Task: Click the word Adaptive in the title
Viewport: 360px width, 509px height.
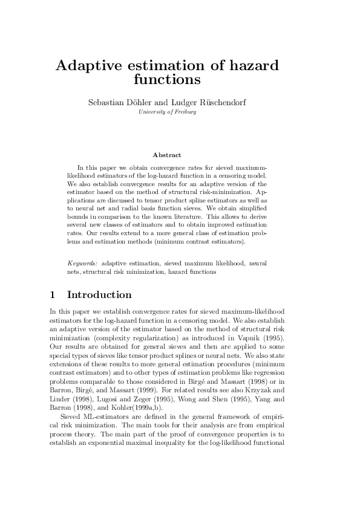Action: click(91, 66)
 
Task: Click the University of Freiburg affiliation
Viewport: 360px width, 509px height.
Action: click(167, 112)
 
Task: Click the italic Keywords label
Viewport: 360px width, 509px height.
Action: click(82, 264)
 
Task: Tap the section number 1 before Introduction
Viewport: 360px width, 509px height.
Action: click(53, 295)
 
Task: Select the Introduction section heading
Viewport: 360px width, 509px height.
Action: click(99, 295)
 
